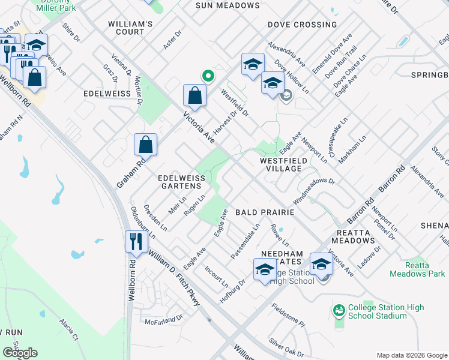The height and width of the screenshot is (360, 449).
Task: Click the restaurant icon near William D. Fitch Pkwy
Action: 136,242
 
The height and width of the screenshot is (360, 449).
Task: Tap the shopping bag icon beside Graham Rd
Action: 146,145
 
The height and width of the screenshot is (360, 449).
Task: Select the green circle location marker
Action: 208,76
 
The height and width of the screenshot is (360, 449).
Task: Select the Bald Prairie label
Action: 264,212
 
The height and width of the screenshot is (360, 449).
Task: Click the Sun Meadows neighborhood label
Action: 228,5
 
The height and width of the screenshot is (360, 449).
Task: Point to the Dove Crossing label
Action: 302,25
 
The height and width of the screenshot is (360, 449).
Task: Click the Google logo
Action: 20,353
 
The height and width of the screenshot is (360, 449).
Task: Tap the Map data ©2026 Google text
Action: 411,355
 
